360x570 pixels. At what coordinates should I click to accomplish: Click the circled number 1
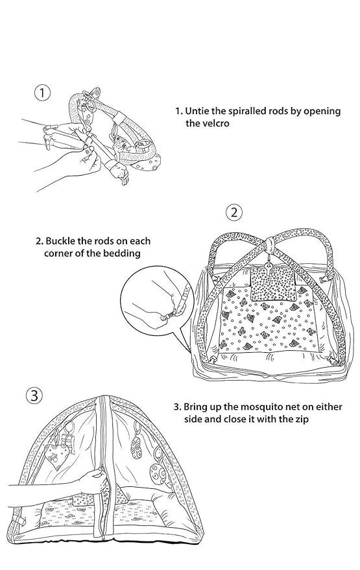(42, 93)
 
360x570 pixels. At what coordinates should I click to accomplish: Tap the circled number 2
(234, 212)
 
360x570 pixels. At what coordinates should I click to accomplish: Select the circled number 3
(34, 396)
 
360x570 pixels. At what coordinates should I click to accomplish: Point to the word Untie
(196, 111)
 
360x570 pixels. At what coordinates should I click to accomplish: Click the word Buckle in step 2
(60, 241)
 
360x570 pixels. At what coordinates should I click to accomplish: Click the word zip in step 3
(300, 419)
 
